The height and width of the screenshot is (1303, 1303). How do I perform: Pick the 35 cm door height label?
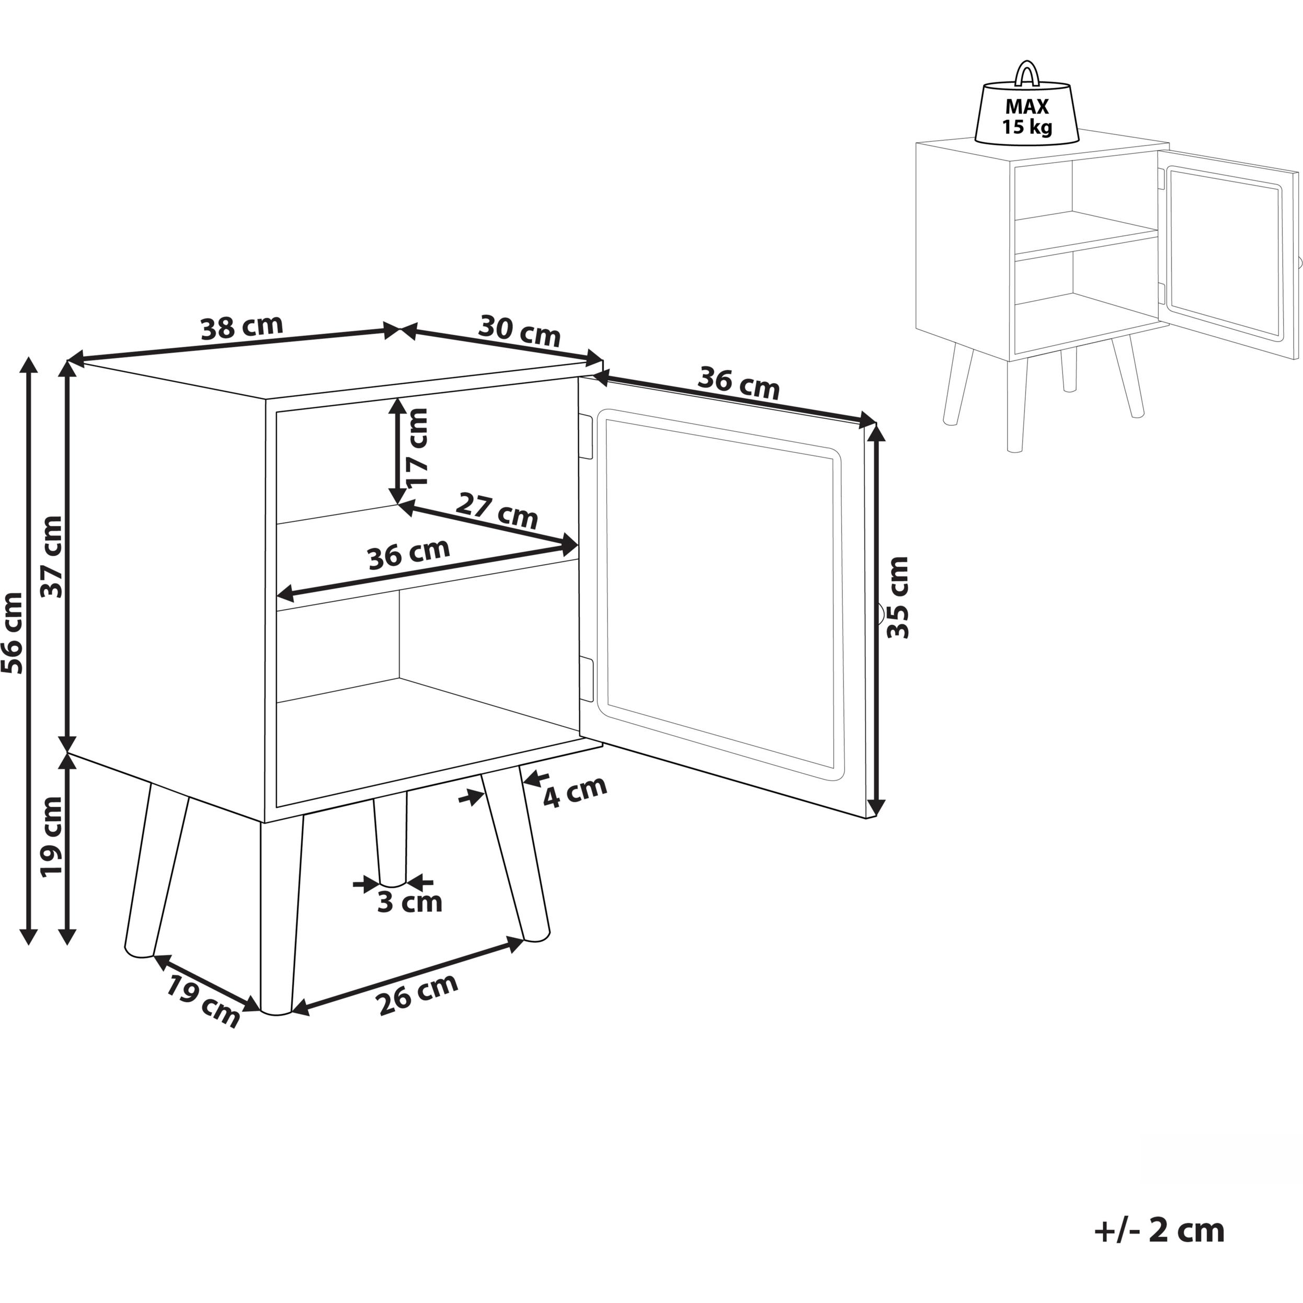[x=898, y=598]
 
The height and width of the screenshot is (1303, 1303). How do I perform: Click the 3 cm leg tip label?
[x=409, y=902]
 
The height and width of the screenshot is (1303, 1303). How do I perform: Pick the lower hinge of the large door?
[x=586, y=679]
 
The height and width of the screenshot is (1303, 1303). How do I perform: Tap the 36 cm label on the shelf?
[x=409, y=554]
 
